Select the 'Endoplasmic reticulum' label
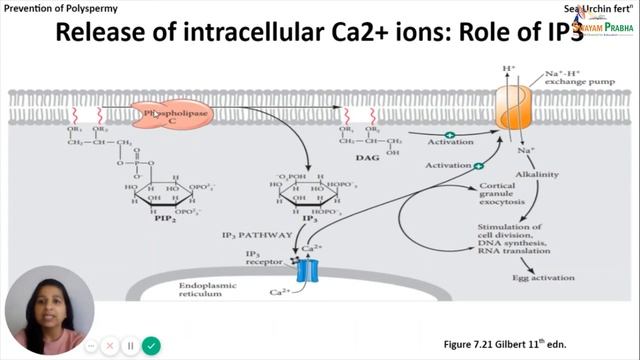[x=210, y=293]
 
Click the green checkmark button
[x=151, y=345]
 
